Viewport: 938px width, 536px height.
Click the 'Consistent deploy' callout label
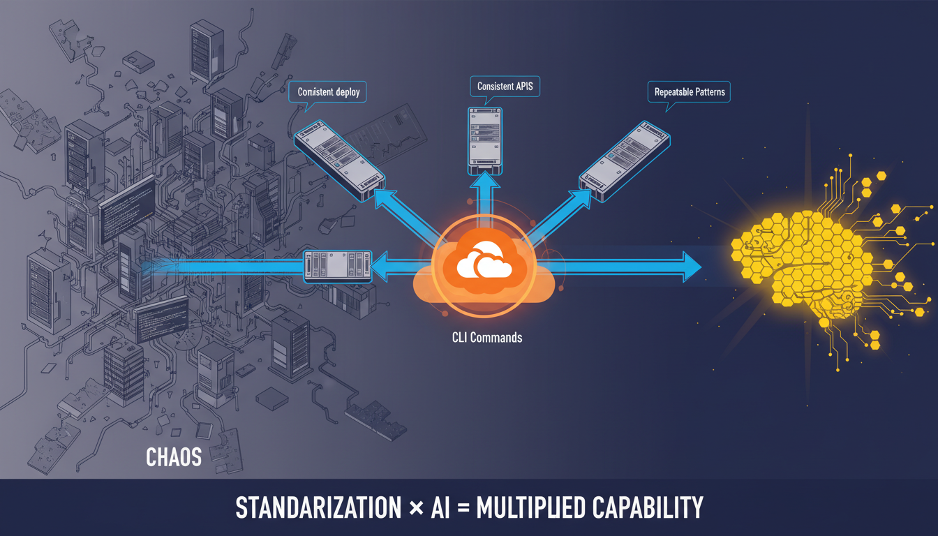(x=328, y=92)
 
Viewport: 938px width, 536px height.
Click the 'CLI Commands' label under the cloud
(x=486, y=338)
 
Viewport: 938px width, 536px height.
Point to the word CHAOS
(x=174, y=457)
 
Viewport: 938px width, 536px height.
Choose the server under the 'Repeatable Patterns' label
(x=625, y=163)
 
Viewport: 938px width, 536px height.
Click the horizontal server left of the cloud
(x=338, y=267)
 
